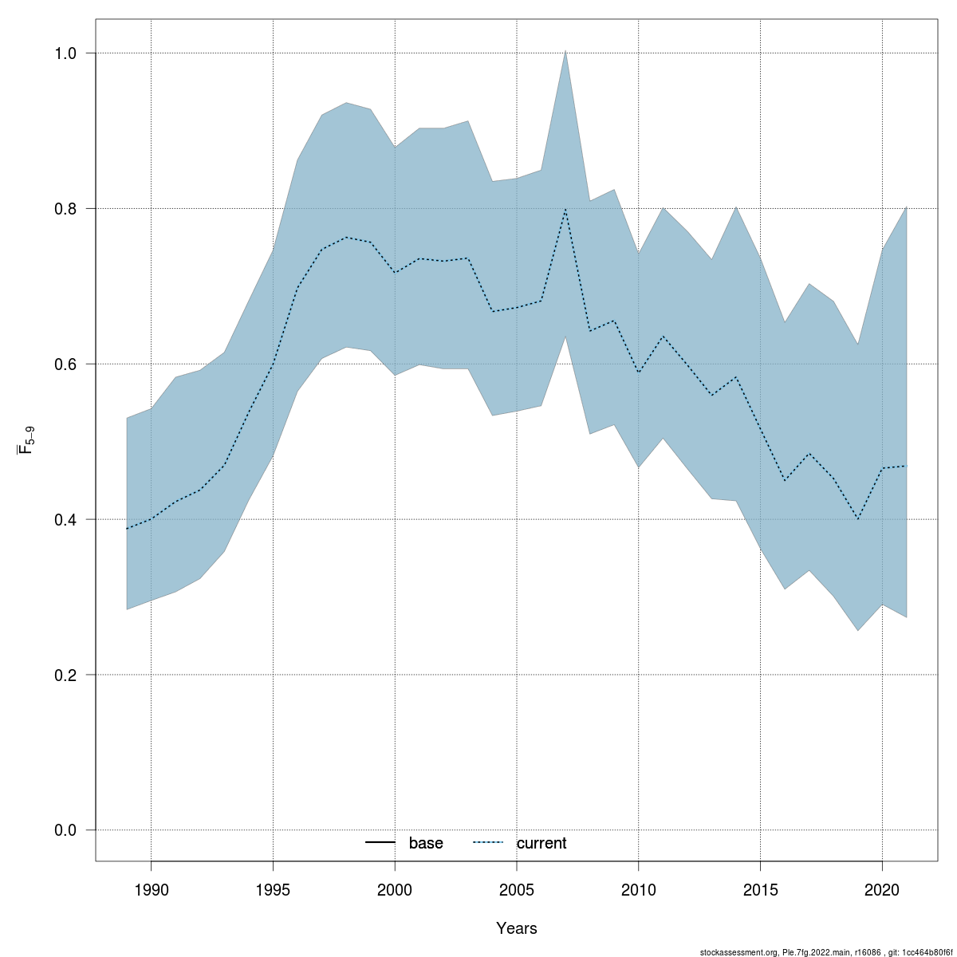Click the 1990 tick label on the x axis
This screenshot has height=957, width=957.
(x=151, y=890)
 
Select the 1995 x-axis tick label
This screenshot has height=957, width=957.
(x=273, y=890)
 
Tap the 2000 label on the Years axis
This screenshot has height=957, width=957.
(x=395, y=890)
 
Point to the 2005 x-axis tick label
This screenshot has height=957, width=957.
(x=517, y=890)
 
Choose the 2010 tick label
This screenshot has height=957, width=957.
(x=639, y=890)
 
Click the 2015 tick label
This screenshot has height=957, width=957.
(x=760, y=890)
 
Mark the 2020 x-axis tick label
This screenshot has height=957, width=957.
(x=882, y=890)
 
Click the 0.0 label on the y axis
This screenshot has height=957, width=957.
(x=65, y=830)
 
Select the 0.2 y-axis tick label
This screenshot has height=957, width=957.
(x=65, y=675)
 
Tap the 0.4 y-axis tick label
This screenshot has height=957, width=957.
(x=65, y=519)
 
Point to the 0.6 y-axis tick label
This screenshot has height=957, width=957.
(x=65, y=364)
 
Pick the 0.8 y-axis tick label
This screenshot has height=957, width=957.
(x=65, y=208)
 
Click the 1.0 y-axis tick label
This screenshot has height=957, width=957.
(x=65, y=53)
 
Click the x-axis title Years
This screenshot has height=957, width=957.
(x=517, y=928)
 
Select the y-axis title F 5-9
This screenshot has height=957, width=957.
(x=26, y=441)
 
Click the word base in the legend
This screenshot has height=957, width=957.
(x=426, y=843)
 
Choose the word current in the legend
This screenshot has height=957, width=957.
(x=542, y=843)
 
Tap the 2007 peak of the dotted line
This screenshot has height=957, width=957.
(x=565, y=209)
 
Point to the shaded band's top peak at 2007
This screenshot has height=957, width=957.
(x=565, y=51)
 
